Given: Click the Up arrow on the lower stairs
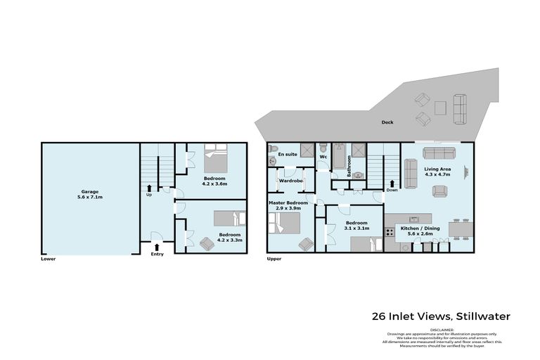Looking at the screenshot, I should [x=149, y=187].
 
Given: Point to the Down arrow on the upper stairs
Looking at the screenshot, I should [x=391, y=185].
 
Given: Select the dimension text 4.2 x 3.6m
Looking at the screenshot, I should [x=214, y=184].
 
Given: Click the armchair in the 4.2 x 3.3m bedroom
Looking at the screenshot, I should [x=207, y=243].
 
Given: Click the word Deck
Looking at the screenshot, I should [x=387, y=122].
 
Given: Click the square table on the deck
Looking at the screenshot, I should [x=440, y=108].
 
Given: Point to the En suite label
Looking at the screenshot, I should [x=286, y=153].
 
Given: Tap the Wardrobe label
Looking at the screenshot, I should [x=290, y=181].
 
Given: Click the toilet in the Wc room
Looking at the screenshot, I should [x=323, y=149].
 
